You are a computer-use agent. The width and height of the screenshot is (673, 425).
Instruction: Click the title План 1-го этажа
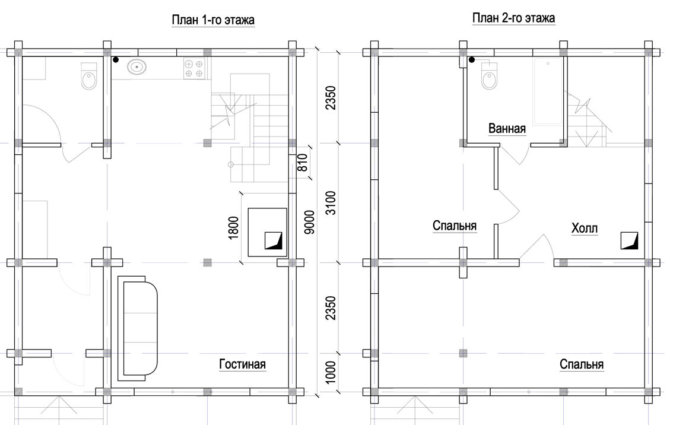point(213,20)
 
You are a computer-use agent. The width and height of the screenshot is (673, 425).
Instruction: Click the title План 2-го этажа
point(513,18)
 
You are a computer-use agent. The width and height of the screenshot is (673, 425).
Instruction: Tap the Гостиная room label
point(243,364)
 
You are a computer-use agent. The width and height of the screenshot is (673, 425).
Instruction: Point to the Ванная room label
point(507,128)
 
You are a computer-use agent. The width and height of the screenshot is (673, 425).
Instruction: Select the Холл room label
point(585,229)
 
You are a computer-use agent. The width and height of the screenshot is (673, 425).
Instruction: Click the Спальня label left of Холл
point(455,226)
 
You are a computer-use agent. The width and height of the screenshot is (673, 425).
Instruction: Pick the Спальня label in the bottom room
point(582,364)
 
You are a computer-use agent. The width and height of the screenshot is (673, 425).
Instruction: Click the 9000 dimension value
point(309,222)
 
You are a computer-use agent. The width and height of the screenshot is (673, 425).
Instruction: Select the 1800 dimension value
point(233,227)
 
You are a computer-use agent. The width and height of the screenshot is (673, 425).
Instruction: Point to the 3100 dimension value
point(331,203)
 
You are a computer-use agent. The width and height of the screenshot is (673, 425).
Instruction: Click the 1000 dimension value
point(331,372)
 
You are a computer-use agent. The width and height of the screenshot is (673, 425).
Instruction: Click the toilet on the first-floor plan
point(89,75)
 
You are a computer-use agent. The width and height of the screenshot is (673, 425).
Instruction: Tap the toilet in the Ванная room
point(489,75)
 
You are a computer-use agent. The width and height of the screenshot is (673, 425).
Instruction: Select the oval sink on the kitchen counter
point(136,67)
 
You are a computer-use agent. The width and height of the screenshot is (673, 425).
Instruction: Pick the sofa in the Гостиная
point(138,328)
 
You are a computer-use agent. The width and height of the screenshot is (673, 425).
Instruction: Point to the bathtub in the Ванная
point(548,91)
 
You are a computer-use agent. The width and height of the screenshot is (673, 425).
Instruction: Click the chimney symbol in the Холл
point(629,241)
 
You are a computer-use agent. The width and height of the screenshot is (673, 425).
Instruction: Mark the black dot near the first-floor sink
point(116,60)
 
